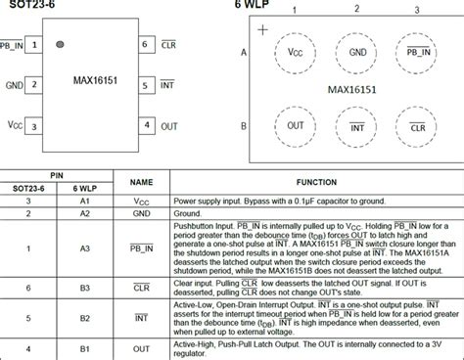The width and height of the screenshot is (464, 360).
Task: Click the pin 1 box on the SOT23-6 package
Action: (x=34, y=45)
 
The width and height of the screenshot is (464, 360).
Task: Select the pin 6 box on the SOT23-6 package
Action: (x=145, y=45)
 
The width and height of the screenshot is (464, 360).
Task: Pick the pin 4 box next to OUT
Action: (x=145, y=125)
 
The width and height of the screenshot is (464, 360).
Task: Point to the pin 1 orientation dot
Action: (x=60, y=44)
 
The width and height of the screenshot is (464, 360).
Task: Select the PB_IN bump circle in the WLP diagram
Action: (x=418, y=52)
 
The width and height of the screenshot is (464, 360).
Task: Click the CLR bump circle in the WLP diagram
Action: (x=418, y=127)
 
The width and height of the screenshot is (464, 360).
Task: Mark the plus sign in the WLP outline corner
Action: (x=261, y=30)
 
